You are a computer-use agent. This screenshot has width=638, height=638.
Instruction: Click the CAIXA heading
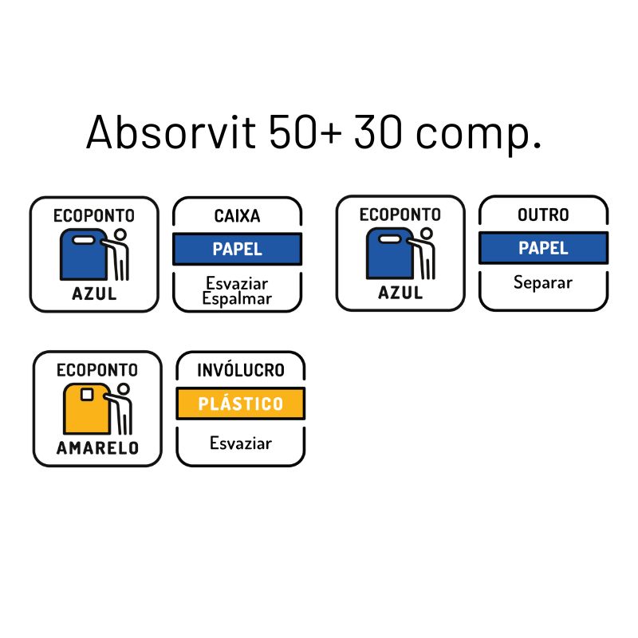[x=237, y=216]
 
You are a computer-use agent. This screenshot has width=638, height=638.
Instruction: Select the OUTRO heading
[x=543, y=215]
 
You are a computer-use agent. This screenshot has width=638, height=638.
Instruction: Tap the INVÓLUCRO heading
[x=240, y=370]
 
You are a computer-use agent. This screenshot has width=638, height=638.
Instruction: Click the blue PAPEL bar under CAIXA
[x=237, y=249]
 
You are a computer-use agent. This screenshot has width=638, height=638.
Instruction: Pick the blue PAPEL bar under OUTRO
[x=543, y=248]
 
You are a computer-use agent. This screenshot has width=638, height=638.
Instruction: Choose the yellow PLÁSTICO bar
[x=240, y=404]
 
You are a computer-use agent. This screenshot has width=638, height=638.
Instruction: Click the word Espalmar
[x=237, y=299]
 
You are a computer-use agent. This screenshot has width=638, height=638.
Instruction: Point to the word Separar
[x=543, y=282]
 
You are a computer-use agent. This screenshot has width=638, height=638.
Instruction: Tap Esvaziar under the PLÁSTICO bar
[x=240, y=443]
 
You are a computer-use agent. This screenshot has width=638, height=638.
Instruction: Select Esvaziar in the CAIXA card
[x=237, y=283]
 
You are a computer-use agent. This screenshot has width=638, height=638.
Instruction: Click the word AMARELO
[x=97, y=447]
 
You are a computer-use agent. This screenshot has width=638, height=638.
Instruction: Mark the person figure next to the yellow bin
[x=123, y=408]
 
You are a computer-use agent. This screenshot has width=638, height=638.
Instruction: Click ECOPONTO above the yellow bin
[x=97, y=370]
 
